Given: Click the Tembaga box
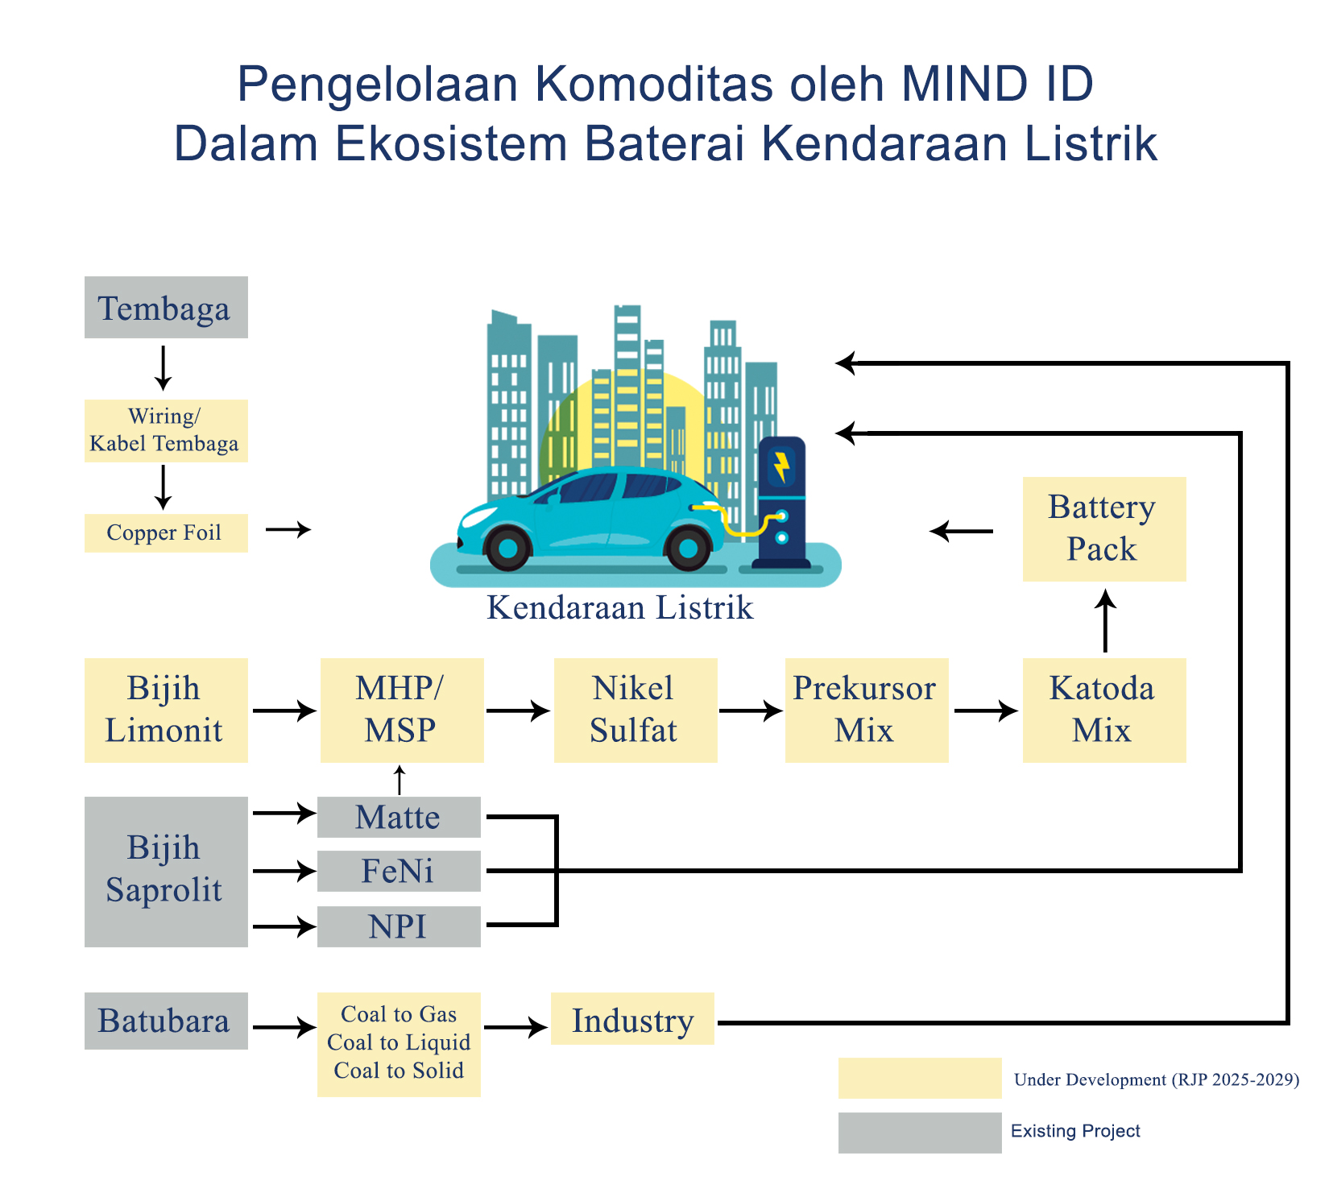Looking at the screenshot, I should click(166, 308).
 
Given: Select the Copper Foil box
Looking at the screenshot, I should click(166, 532).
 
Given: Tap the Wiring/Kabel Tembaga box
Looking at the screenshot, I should click(166, 430).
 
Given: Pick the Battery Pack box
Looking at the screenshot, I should click(1104, 528).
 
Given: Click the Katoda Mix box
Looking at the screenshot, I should click(1104, 710).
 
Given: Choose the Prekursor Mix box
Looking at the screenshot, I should click(867, 710).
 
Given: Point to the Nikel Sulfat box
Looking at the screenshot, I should click(636, 710).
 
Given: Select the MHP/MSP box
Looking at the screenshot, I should click(402, 710).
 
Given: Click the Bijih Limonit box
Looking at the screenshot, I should click(166, 710).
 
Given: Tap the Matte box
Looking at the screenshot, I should click(399, 817).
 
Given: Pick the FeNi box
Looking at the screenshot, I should click(399, 871).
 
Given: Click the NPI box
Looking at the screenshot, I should click(399, 926).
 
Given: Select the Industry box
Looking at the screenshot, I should click(632, 1019).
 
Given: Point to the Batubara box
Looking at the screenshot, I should click(166, 1021).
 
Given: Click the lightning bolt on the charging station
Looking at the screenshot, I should click(780, 466).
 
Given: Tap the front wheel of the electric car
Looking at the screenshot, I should click(507, 549).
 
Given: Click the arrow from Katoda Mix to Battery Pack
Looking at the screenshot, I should click(1105, 620).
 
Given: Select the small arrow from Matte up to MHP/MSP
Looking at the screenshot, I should click(399, 780).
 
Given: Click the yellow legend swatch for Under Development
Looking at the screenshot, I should click(920, 1078).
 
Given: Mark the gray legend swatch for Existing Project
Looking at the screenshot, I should click(920, 1133).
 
